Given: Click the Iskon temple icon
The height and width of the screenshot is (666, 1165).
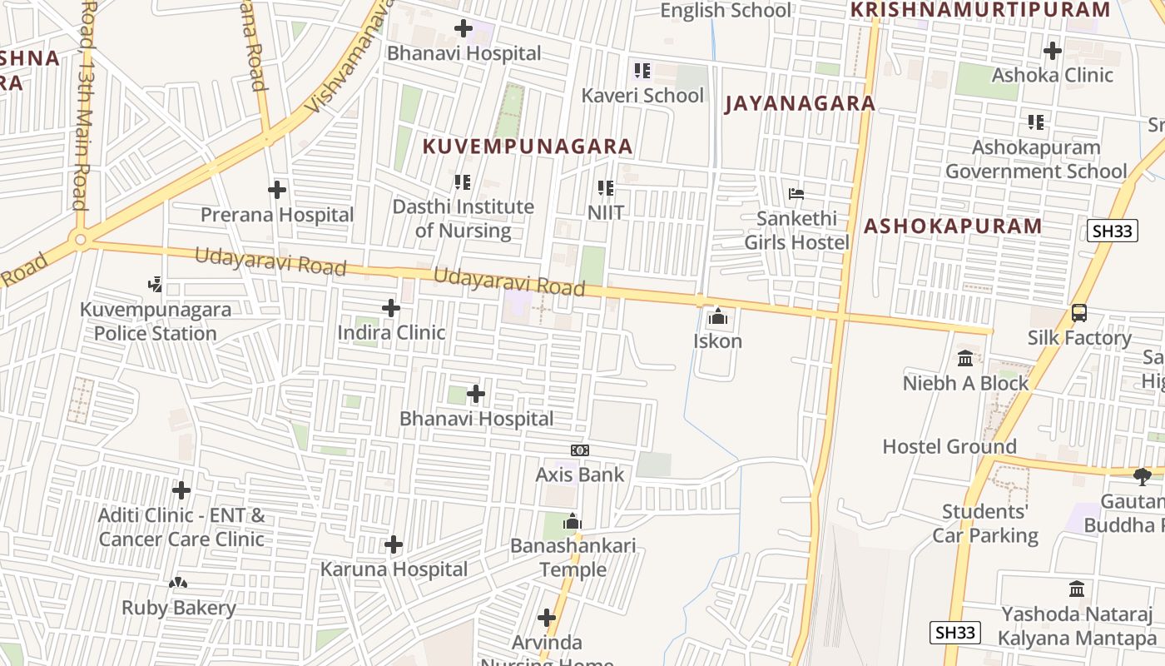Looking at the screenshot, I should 717,316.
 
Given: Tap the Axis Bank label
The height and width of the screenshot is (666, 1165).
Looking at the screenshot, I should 579,475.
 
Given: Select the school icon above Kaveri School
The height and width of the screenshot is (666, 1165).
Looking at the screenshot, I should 642,71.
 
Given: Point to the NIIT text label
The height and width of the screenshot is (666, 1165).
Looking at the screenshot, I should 606,213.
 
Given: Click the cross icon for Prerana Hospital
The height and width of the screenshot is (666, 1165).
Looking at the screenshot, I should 277,191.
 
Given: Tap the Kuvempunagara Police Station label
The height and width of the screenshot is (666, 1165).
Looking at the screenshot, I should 156,321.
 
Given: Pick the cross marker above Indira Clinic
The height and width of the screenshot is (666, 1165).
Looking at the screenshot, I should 390,309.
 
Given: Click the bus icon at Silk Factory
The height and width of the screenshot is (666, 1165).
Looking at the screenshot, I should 1078,314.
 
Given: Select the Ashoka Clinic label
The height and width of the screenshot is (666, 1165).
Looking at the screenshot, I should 1052,75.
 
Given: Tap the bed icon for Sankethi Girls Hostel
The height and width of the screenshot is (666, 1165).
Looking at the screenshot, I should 796,195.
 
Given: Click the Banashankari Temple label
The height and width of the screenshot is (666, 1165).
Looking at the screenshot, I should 573,558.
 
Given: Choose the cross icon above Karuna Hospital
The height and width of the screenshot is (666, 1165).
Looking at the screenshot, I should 394,545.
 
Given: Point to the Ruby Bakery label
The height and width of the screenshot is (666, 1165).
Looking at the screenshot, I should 179,608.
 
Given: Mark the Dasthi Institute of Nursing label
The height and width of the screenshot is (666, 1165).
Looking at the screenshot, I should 463,218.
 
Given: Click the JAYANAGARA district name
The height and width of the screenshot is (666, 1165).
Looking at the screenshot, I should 800,103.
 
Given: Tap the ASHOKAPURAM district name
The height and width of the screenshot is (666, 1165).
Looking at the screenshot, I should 953,226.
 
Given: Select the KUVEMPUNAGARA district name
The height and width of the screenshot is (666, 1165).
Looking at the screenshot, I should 528,147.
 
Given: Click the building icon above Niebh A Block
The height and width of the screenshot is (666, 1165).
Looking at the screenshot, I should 965,359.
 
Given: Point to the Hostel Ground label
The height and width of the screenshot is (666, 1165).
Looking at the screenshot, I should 949,446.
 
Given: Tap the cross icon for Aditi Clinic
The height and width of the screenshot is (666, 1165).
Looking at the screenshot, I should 181,490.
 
